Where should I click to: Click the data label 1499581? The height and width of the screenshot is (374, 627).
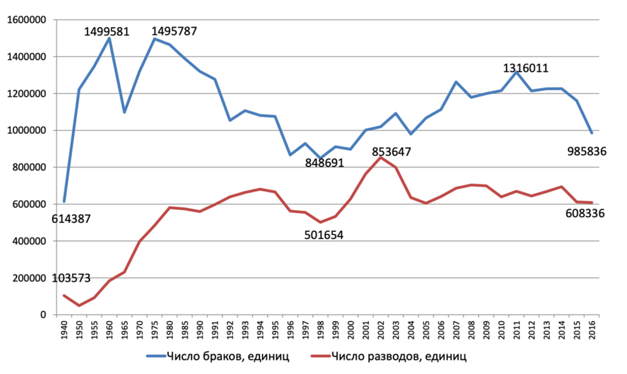tap(106, 32)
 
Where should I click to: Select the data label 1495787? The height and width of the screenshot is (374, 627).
tap(174, 31)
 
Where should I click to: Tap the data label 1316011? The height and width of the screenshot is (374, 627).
tap(525, 69)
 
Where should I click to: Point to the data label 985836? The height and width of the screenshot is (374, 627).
tap(586, 152)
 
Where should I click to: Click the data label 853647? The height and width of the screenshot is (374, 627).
tap(391, 152)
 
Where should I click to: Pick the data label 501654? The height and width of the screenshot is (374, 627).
tap(324, 235)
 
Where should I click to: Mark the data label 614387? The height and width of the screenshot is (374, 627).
tap(71, 219)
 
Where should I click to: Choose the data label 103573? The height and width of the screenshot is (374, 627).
tap(71, 278)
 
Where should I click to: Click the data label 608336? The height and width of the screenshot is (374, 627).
tap(585, 214)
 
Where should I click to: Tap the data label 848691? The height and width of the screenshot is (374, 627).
tap(324, 163)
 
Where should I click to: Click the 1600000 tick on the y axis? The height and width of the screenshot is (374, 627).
tap(27, 20)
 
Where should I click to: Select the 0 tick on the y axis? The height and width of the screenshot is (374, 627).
tap(43, 315)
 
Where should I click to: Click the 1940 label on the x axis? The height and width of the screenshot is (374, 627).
tap(64, 330)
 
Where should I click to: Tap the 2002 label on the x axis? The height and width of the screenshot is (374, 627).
tap(381, 330)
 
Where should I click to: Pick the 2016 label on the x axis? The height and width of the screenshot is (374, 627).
tap(592, 330)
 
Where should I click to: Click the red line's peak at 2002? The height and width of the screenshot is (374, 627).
tap(381, 158)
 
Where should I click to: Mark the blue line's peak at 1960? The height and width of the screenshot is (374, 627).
tap(109, 38)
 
